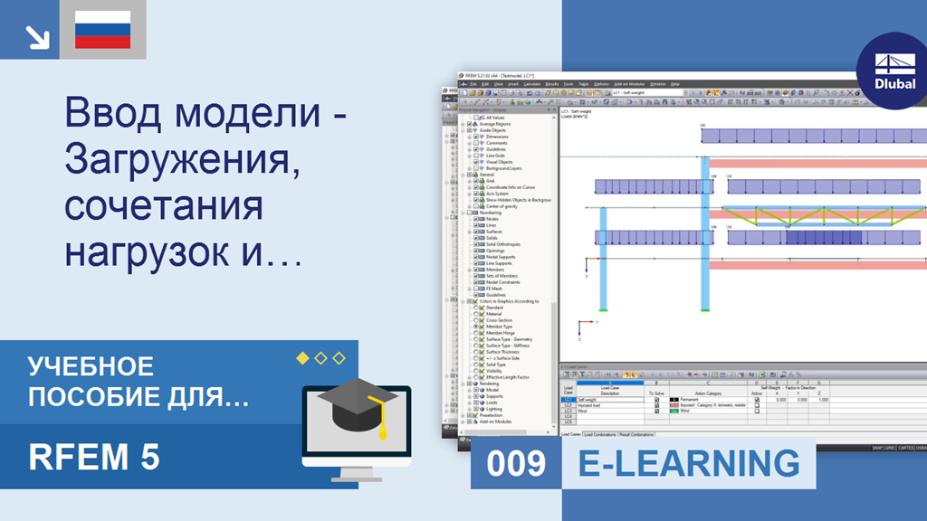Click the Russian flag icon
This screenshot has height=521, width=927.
(102, 30)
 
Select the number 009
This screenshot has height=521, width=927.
(516, 463)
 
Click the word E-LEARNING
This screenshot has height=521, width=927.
(689, 463)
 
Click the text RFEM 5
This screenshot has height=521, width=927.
(94, 457)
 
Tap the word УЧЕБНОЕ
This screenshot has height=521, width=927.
(91, 366)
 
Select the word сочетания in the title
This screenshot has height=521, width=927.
(163, 205)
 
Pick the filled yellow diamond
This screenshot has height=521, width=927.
(303, 358)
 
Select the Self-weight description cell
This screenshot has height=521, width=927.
(608, 400)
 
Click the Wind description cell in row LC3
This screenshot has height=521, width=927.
(608, 411)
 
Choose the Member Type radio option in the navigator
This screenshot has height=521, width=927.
(501, 326)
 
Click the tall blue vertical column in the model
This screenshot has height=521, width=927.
(704, 235)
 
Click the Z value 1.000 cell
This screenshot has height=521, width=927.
(822, 400)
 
